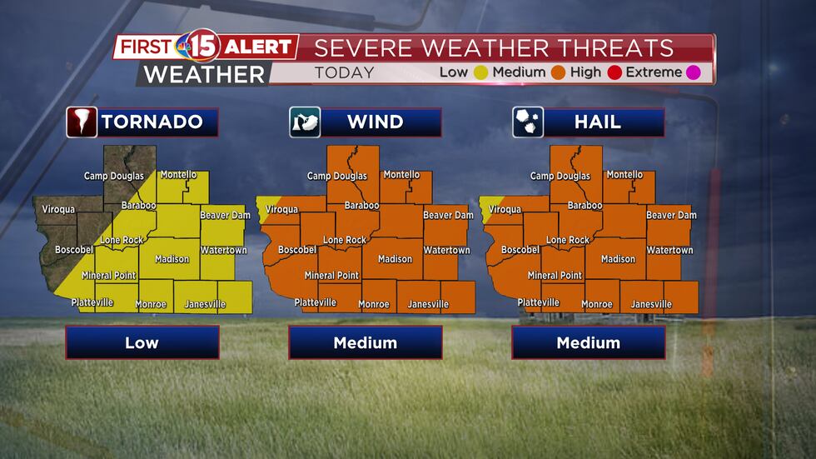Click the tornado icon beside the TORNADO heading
click(82, 122)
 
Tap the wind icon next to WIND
click(305, 122)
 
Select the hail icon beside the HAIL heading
click(528, 122)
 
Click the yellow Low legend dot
click(480, 72)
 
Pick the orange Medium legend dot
click(558, 72)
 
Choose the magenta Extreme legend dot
click(693, 72)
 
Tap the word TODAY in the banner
click(344, 72)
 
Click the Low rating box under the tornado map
click(142, 342)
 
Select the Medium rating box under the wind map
click(366, 342)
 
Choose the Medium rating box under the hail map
click(589, 342)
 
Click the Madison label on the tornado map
click(172, 259)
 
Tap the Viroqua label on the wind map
click(281, 210)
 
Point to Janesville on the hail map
click(651, 304)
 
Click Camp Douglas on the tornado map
click(114, 176)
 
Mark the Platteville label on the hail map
click(538, 302)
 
